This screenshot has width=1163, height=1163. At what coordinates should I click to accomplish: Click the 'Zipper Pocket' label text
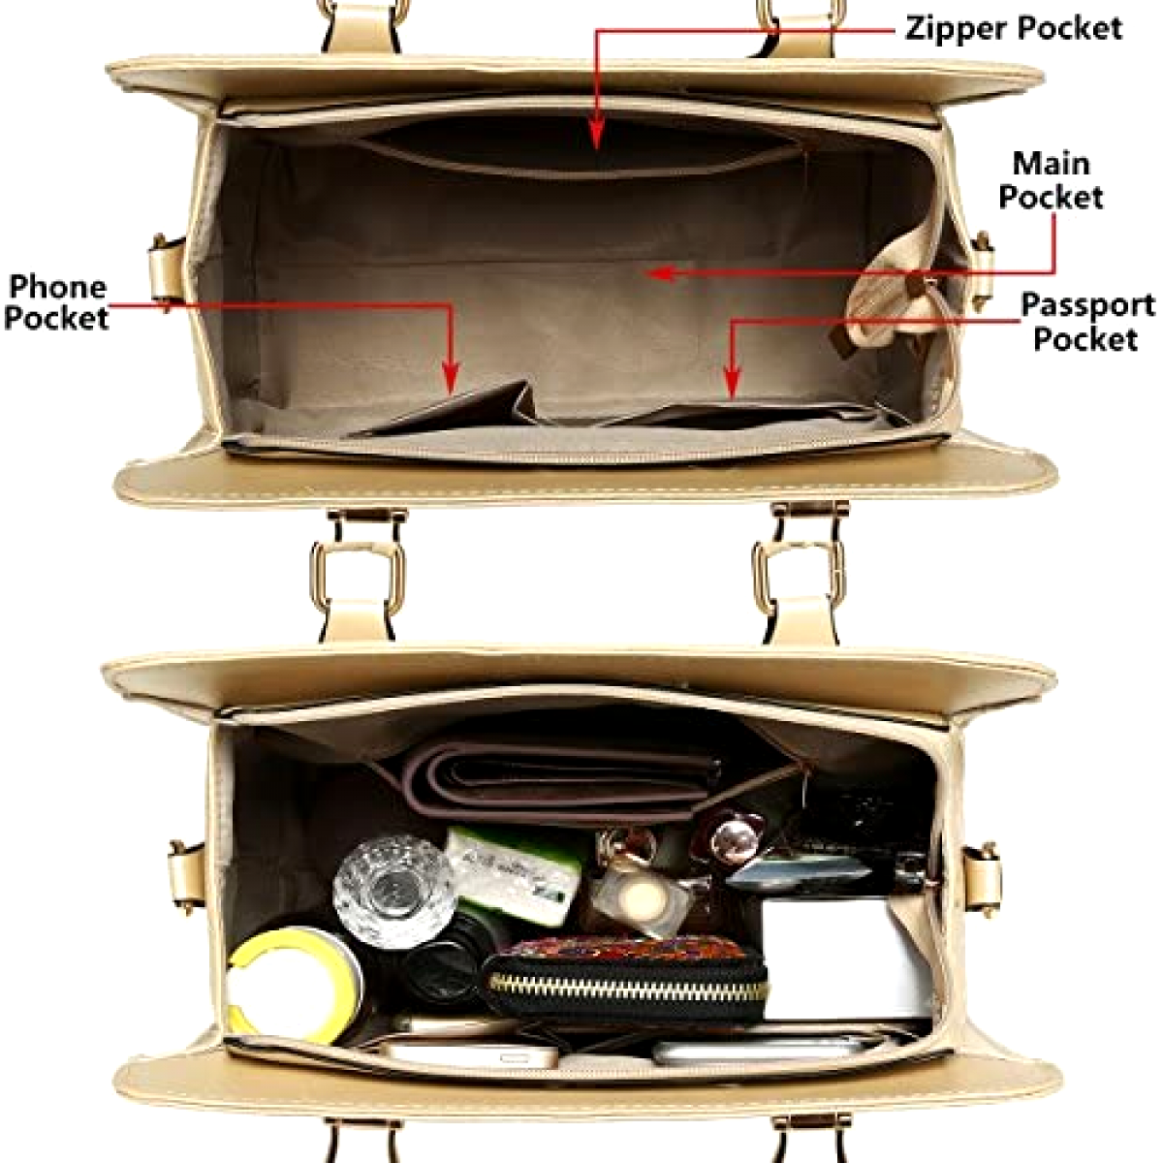[x=1013, y=28]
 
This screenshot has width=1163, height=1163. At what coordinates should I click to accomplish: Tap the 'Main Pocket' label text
[x=1052, y=180]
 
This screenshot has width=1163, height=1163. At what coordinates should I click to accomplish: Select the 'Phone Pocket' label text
[x=56, y=302]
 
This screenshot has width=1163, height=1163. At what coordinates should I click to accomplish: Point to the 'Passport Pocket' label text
[x=1086, y=322]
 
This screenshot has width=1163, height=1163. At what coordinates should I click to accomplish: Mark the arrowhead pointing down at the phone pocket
[x=451, y=378]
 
